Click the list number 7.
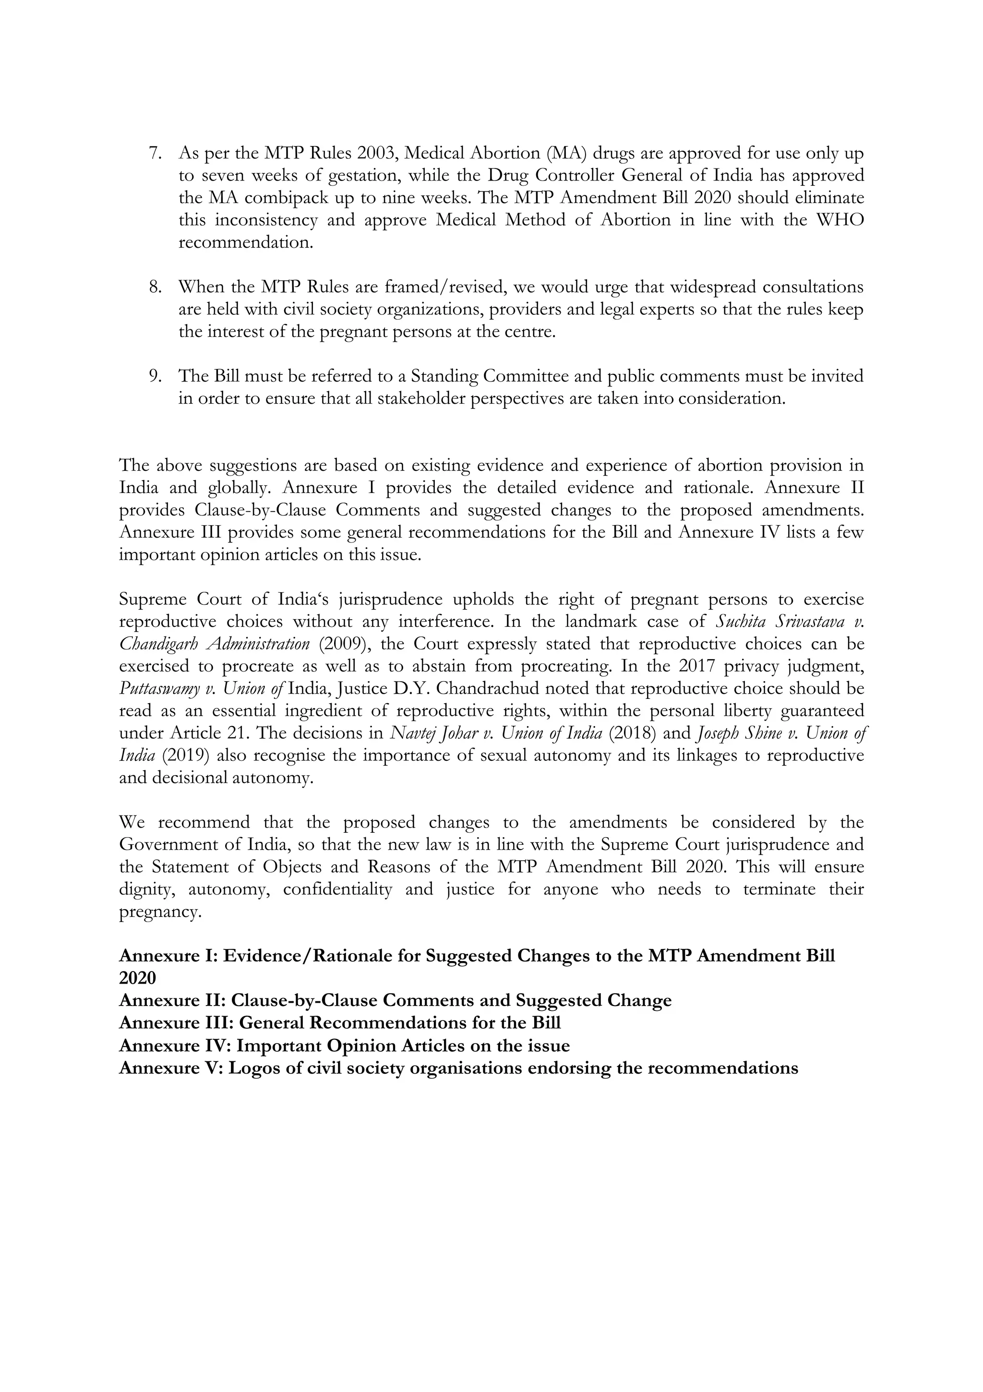point(155,154)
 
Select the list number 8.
point(155,287)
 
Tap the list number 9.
point(155,376)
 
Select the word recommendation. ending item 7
point(246,242)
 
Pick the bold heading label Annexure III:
point(176,1023)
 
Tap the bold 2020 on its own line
point(138,978)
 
